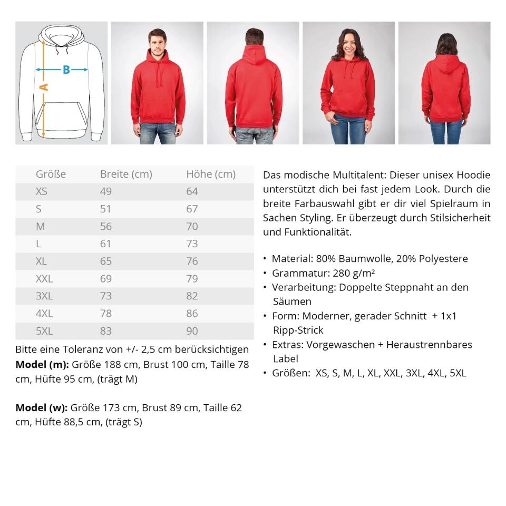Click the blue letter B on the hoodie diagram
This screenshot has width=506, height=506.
(x=66, y=70)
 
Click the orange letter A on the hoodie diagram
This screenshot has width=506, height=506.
(x=44, y=86)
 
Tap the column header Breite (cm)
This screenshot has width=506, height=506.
(x=126, y=174)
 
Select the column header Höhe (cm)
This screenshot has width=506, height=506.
(x=211, y=174)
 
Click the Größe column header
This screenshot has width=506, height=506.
(x=51, y=174)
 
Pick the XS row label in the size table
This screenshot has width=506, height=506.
(x=42, y=192)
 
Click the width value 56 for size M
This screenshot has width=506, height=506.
(x=106, y=227)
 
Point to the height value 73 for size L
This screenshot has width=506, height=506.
(x=192, y=244)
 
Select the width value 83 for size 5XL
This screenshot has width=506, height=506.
(x=106, y=331)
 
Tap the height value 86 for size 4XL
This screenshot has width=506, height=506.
(x=192, y=314)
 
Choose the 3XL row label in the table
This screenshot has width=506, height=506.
(x=44, y=296)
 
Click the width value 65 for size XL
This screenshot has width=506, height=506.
(x=106, y=261)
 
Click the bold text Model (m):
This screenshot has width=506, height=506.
(x=42, y=365)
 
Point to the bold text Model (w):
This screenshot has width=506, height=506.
(x=42, y=408)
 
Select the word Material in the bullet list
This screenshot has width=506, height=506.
(x=291, y=259)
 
